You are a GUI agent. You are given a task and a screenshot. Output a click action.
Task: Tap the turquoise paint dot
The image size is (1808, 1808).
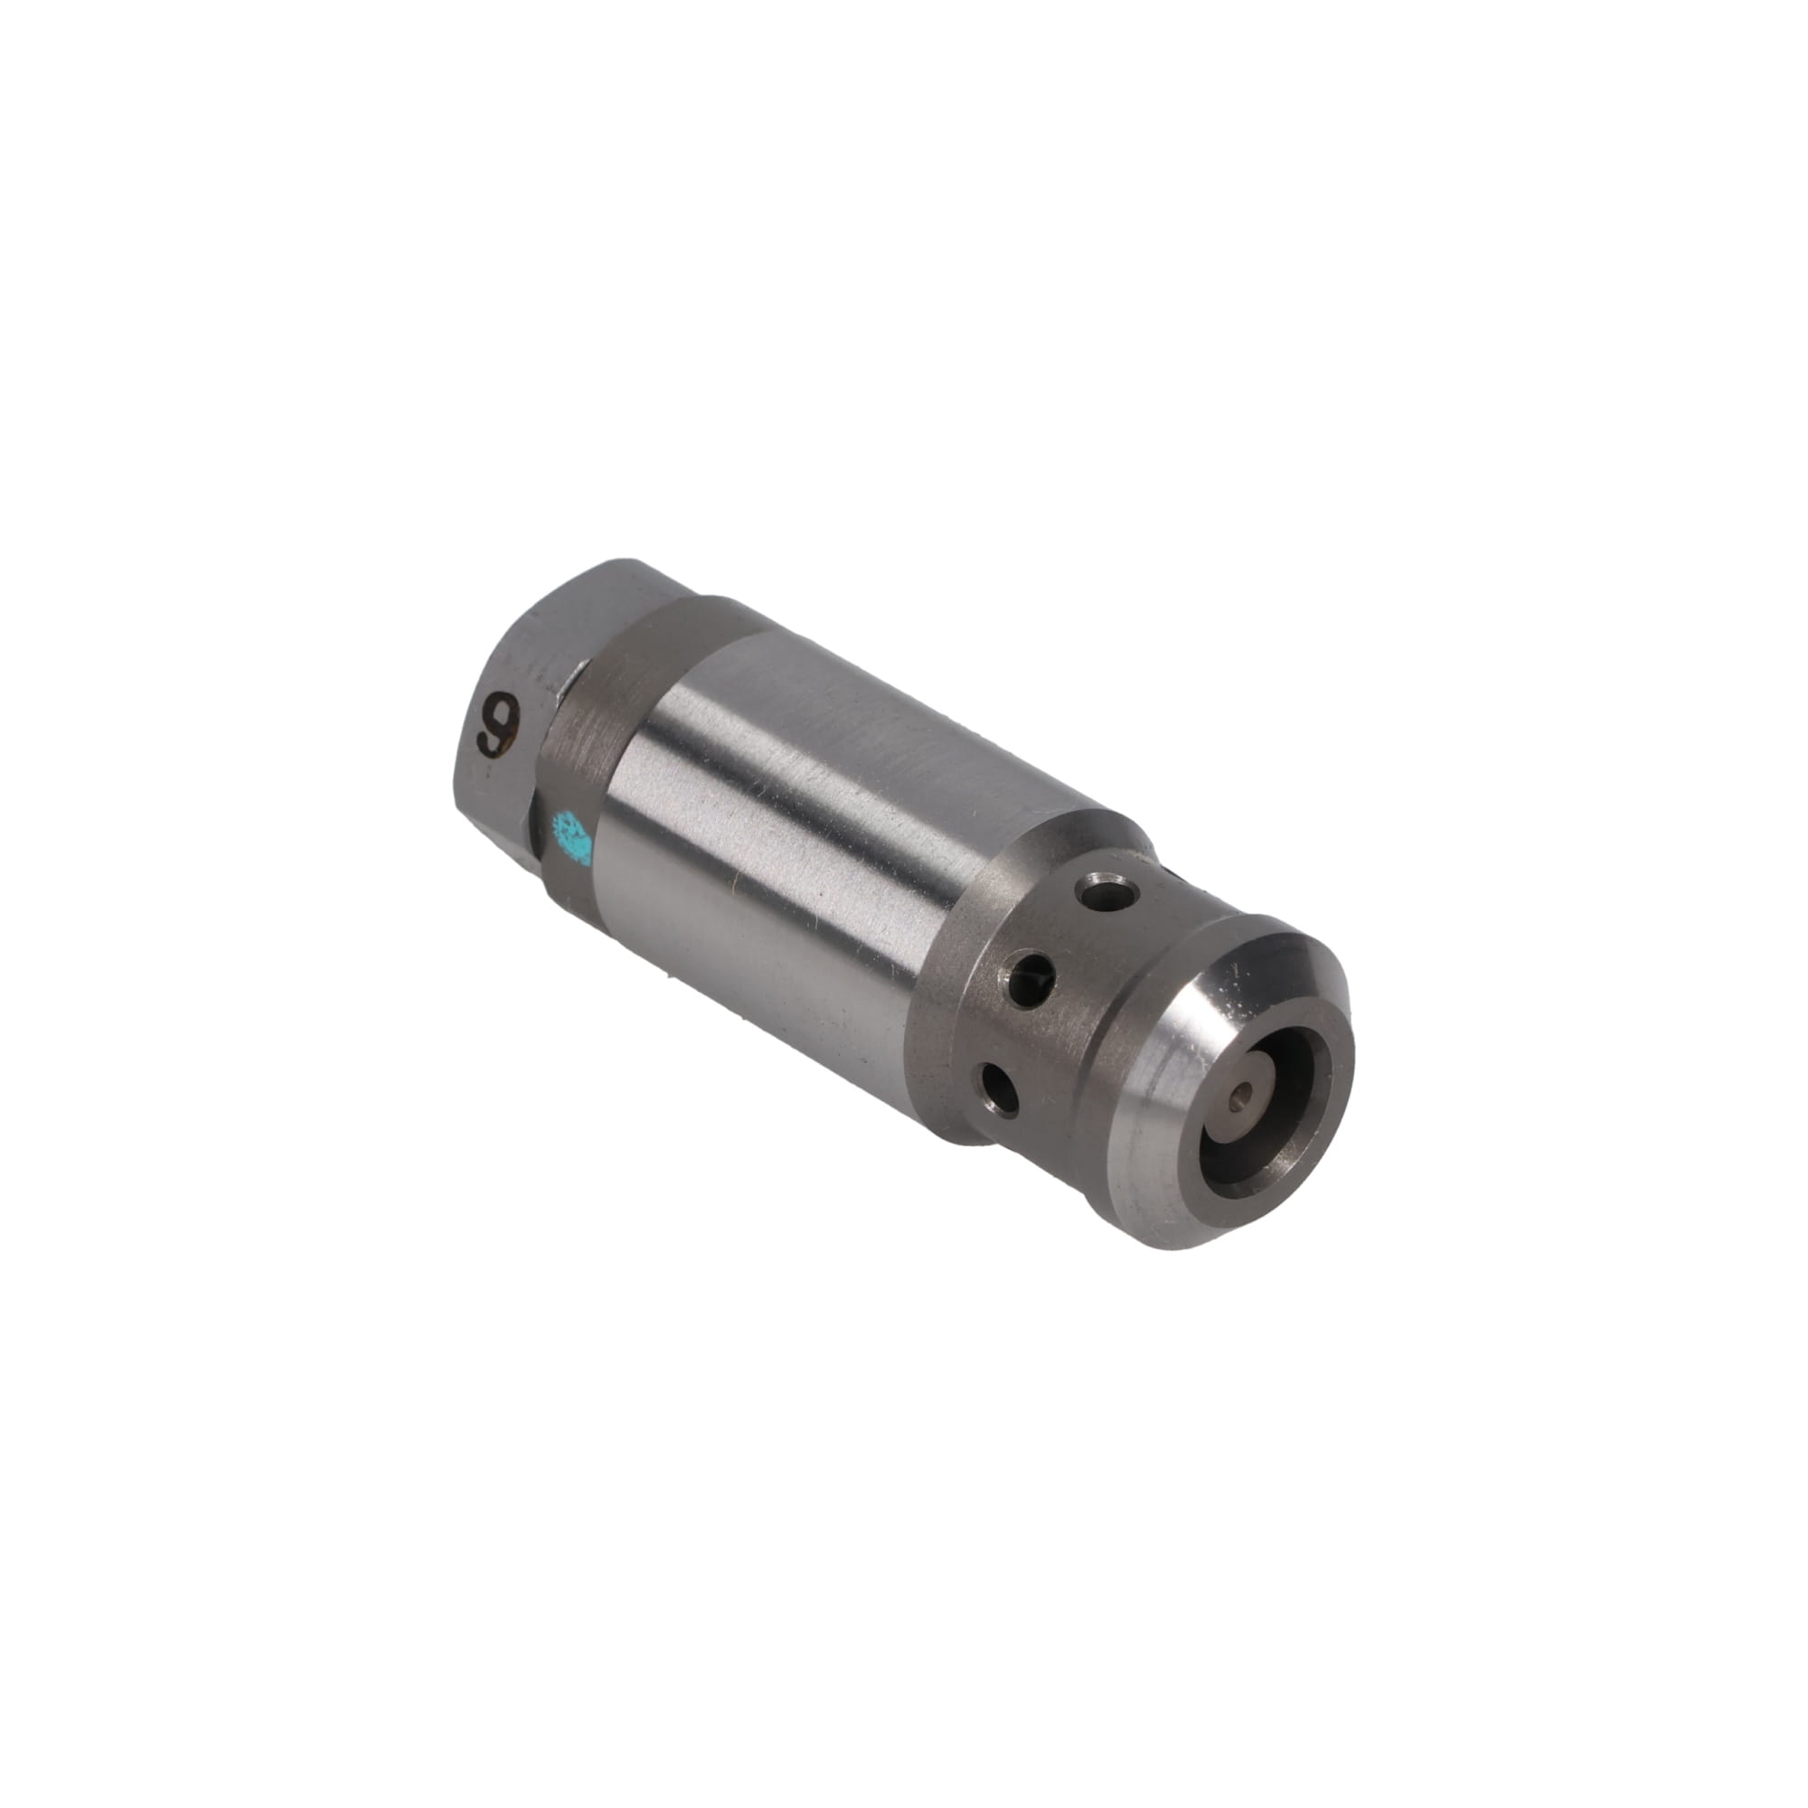(573, 834)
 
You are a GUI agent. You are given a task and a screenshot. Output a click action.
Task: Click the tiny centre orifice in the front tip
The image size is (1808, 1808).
(1244, 1092)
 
